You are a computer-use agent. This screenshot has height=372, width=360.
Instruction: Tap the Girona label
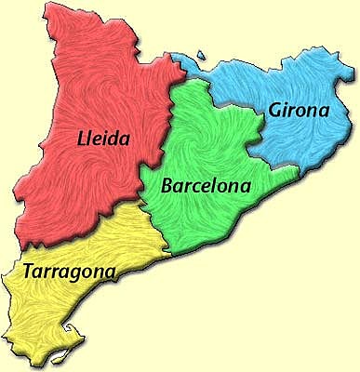click(x=299, y=111)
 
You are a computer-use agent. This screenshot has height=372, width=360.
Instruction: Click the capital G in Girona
click(x=275, y=112)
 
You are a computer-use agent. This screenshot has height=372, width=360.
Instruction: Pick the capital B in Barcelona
click(x=168, y=185)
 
